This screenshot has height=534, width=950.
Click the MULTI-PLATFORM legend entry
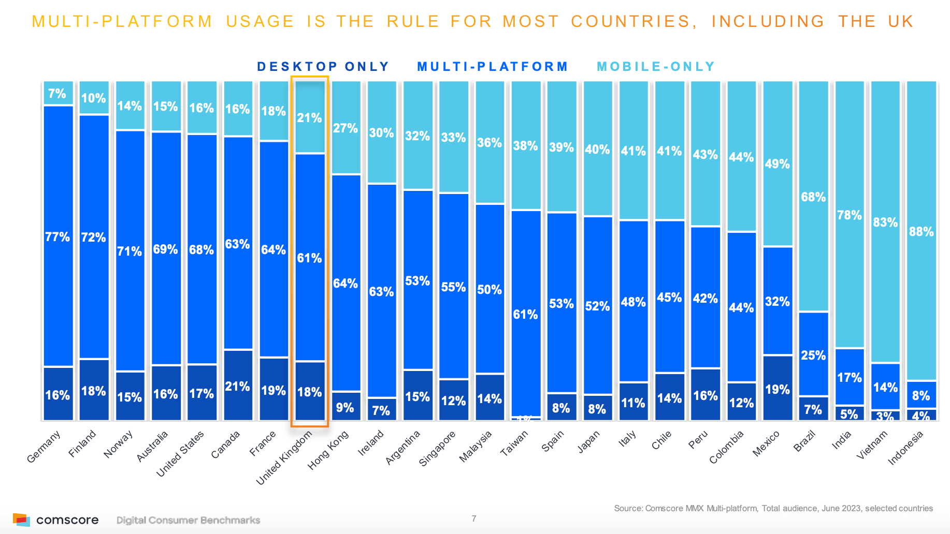point(492,67)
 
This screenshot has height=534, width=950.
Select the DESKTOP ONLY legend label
point(323,67)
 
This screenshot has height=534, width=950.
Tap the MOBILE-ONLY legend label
point(656,67)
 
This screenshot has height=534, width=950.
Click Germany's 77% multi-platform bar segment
point(58,236)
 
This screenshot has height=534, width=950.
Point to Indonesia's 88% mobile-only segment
point(922,231)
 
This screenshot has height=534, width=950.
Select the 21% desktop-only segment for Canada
point(238,385)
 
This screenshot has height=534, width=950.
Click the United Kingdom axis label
point(284,458)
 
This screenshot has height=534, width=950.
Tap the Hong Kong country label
point(327,450)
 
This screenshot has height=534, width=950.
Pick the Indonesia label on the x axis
point(905,448)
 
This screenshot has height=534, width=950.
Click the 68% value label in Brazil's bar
point(813,197)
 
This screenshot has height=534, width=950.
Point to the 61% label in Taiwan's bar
point(525,314)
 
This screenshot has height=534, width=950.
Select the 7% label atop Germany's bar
point(57,94)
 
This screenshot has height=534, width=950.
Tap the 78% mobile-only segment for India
point(850,215)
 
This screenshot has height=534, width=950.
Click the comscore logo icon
point(21,520)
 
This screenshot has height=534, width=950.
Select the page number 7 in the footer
point(474,518)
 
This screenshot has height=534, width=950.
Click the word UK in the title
point(901,21)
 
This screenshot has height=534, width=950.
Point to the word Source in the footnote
point(628,508)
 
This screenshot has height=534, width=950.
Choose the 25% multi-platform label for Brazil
point(813,355)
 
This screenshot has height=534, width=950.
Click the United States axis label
point(180,454)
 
